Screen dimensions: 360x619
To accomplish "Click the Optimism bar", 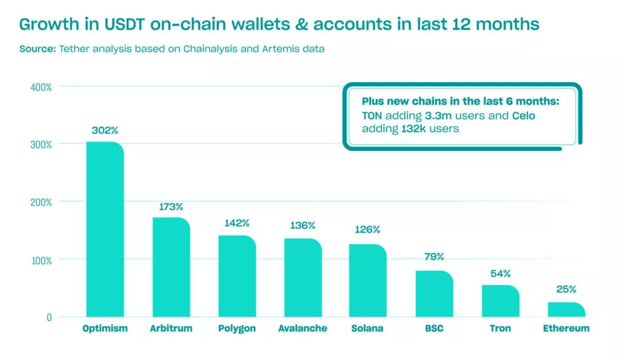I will click(105, 230).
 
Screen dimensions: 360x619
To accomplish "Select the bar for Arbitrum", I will click(170, 267).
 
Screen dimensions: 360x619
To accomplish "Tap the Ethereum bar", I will click(566, 309).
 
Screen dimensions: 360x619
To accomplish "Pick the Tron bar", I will click(500, 301).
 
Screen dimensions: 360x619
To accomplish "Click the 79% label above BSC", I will click(433, 257).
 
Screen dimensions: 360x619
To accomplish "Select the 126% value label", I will click(367, 230).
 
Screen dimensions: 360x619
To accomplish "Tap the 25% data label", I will click(566, 289).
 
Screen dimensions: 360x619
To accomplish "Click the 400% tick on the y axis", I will click(41, 87).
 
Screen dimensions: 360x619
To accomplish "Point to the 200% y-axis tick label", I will click(41, 202).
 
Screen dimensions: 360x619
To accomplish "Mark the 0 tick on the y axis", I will click(49, 317).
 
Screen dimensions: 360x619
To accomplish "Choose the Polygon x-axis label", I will click(236, 329).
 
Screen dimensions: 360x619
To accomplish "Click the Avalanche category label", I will click(302, 329).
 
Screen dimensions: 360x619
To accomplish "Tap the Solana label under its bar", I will click(367, 329).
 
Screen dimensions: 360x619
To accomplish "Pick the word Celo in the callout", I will click(523, 115).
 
